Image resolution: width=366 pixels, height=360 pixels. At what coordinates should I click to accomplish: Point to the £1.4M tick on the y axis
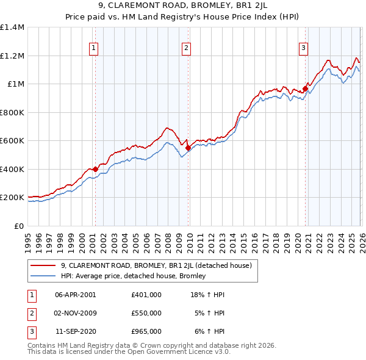[12, 27]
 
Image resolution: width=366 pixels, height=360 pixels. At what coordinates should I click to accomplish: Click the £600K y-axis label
[12, 141]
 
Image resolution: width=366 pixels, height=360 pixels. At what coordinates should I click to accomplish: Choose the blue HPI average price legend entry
[133, 276]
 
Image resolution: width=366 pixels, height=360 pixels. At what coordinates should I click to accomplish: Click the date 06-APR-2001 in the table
[76, 294]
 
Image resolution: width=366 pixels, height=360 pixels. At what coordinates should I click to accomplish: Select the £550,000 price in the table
[146, 313]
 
